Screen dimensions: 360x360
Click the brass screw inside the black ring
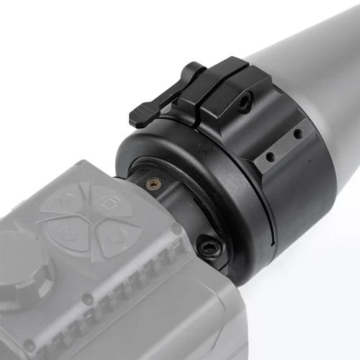[x=150, y=184]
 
